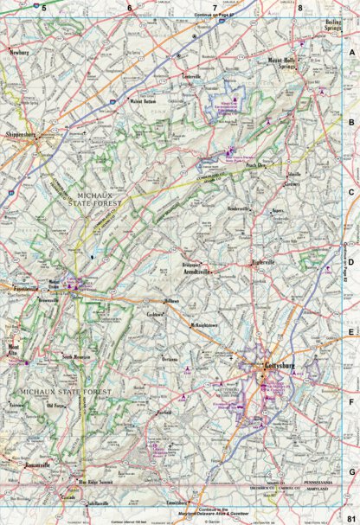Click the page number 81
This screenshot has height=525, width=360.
[x=350, y=515]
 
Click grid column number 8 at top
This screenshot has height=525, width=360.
[x=299, y=8]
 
